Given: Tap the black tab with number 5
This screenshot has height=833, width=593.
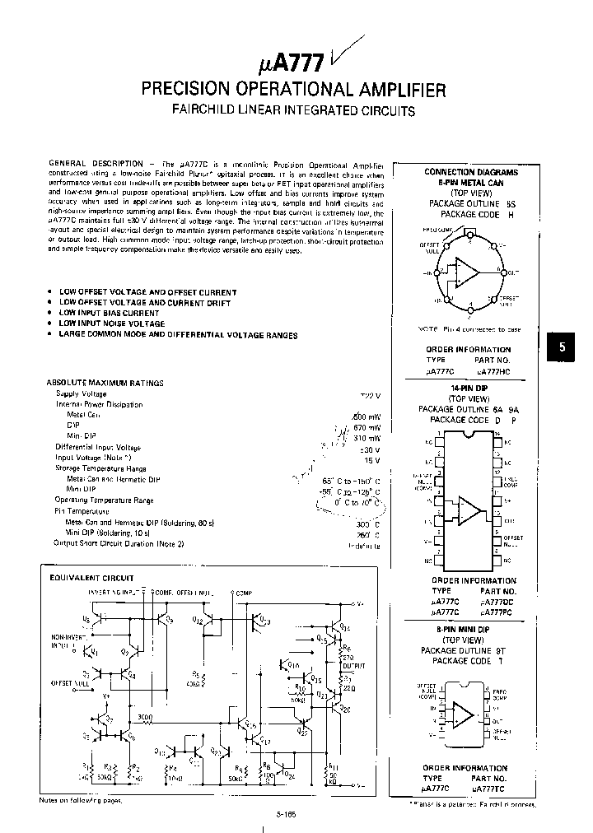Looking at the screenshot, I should [563, 347].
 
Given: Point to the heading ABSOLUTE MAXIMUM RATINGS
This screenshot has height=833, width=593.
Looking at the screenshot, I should [105, 383].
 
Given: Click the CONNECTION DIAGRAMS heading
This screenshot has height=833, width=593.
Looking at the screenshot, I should [471, 172].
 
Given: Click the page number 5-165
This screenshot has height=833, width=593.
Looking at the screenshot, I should [287, 813].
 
